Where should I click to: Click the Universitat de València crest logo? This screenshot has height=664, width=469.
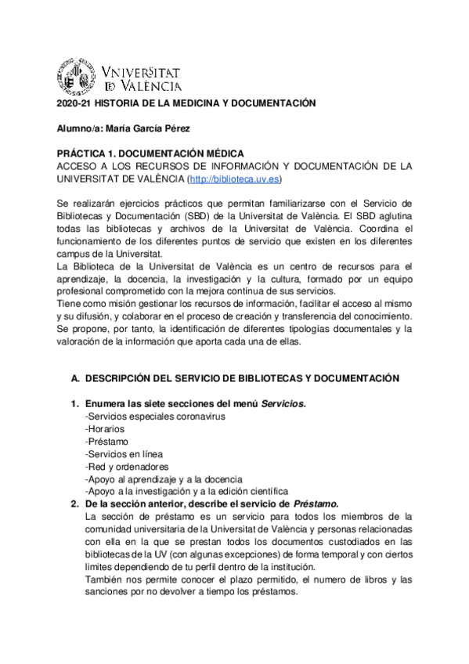tap(76, 78)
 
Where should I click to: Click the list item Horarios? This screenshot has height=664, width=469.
tap(104, 429)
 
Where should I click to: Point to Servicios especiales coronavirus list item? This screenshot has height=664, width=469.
tap(155, 417)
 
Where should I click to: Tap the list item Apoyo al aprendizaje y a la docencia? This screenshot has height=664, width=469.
tap(164, 479)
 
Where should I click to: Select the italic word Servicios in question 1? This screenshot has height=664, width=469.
tap(283, 404)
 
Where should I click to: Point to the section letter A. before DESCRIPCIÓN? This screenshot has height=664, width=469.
tap(75, 378)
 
